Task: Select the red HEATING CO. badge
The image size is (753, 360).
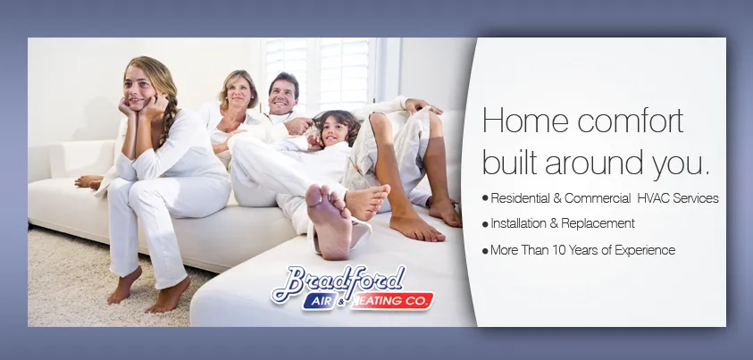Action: coord(392,302)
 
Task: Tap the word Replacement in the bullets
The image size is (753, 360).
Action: coord(599,223)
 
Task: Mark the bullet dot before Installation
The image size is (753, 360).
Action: coord(485,224)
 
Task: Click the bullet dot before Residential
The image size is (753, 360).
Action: coord(485,198)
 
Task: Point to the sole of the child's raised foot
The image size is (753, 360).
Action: coord(328,219)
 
